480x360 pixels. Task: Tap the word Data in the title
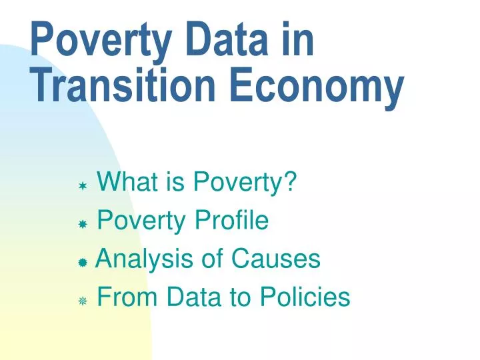227,39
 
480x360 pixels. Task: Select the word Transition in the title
123,84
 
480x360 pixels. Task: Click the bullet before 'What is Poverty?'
83,186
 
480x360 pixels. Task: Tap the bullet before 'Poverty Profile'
83,225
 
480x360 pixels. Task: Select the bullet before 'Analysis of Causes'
83,263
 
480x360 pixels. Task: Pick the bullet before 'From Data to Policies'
83,301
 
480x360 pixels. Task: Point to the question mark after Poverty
290,181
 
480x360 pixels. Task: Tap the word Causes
276,258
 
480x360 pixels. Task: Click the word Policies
305,296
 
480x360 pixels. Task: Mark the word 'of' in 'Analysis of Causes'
212,258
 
